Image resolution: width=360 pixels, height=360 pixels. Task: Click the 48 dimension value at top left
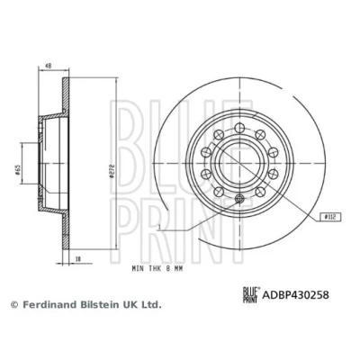tap(49, 66)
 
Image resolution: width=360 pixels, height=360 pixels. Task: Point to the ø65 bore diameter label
tap(18, 169)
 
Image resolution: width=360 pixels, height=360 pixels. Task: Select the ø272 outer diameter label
tap(112, 171)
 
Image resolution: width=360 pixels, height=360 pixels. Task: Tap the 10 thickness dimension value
tap(78, 258)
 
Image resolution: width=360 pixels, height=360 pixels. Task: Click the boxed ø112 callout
tap(329, 216)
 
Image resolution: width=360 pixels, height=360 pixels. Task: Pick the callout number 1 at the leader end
tap(160, 227)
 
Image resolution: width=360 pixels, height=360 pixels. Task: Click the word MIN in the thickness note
tap(138, 269)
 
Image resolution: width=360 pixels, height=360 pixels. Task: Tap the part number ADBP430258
tap(295, 294)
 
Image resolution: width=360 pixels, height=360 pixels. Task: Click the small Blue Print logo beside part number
tap(251, 294)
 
